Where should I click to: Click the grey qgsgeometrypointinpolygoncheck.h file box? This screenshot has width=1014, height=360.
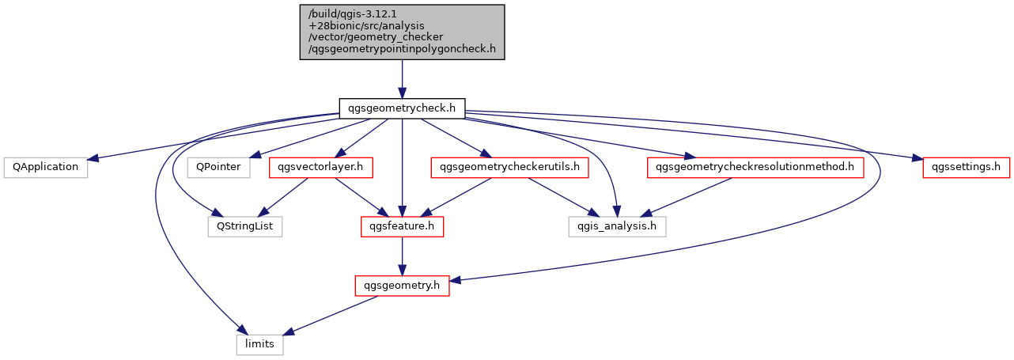coord(402,32)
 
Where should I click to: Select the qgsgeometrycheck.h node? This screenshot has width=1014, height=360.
coord(402,108)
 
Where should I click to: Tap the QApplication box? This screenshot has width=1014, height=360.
coord(46,168)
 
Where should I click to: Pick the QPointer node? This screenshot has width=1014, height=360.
coord(218,168)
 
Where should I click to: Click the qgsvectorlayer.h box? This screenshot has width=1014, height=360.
coord(321,168)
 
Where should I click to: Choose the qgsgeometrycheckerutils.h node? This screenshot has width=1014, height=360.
coord(509,168)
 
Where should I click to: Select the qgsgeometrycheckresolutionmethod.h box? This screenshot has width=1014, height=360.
coord(755,168)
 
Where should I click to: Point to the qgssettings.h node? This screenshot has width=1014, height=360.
coord(967,168)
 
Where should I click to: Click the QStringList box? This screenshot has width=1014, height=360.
coord(245,226)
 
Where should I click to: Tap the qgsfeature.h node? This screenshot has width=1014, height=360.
coord(402,226)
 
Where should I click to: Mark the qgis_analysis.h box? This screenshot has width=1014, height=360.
coord(618,226)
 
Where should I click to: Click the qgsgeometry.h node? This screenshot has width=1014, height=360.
coord(402,286)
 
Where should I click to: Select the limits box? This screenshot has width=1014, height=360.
coord(260,345)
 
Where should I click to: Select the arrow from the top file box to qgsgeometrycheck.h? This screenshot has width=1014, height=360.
coord(402,79)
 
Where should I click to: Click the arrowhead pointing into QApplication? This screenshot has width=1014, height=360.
coord(93,157)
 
